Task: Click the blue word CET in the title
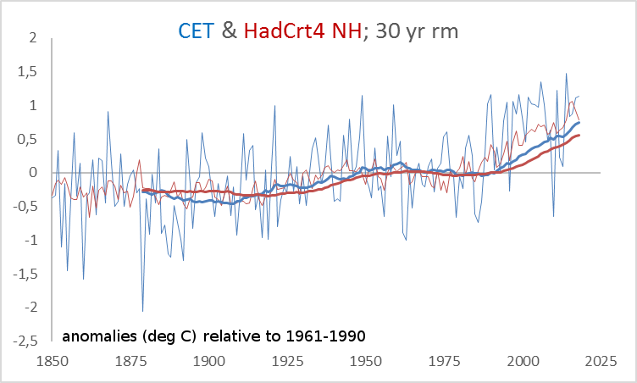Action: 197,31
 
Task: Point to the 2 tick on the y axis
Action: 32,38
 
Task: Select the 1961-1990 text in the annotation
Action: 330,336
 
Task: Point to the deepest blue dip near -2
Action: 142,310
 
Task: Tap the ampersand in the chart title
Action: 229,31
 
